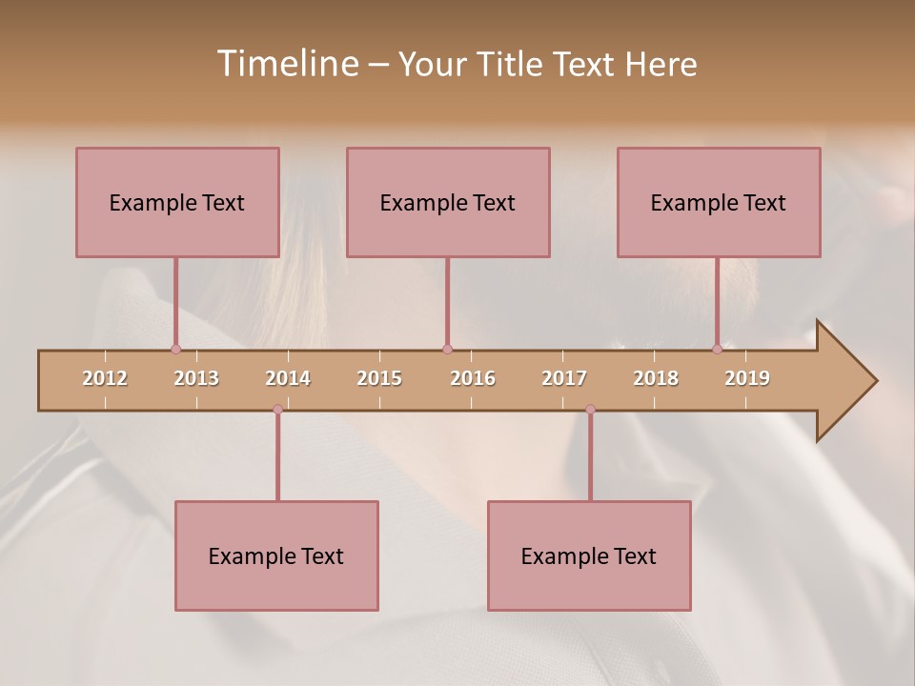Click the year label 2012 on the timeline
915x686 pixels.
[105, 378]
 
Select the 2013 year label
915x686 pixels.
[196, 378]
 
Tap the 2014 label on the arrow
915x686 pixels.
[288, 378]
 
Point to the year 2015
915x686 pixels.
[379, 378]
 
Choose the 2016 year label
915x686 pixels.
[473, 378]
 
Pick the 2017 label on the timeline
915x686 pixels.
[564, 378]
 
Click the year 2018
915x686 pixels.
[656, 378]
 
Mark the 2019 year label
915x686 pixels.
[747, 378]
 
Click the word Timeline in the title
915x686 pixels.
[286, 64]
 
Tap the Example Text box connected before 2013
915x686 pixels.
[177, 202]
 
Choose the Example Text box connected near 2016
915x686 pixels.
[448, 202]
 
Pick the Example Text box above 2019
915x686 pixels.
[719, 202]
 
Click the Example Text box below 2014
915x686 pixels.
[276, 555]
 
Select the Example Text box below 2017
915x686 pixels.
[589, 555]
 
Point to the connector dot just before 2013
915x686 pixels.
[175, 350]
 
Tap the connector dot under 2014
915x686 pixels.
[277, 410]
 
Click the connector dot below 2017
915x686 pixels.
[590, 410]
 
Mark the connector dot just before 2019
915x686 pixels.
[717, 350]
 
